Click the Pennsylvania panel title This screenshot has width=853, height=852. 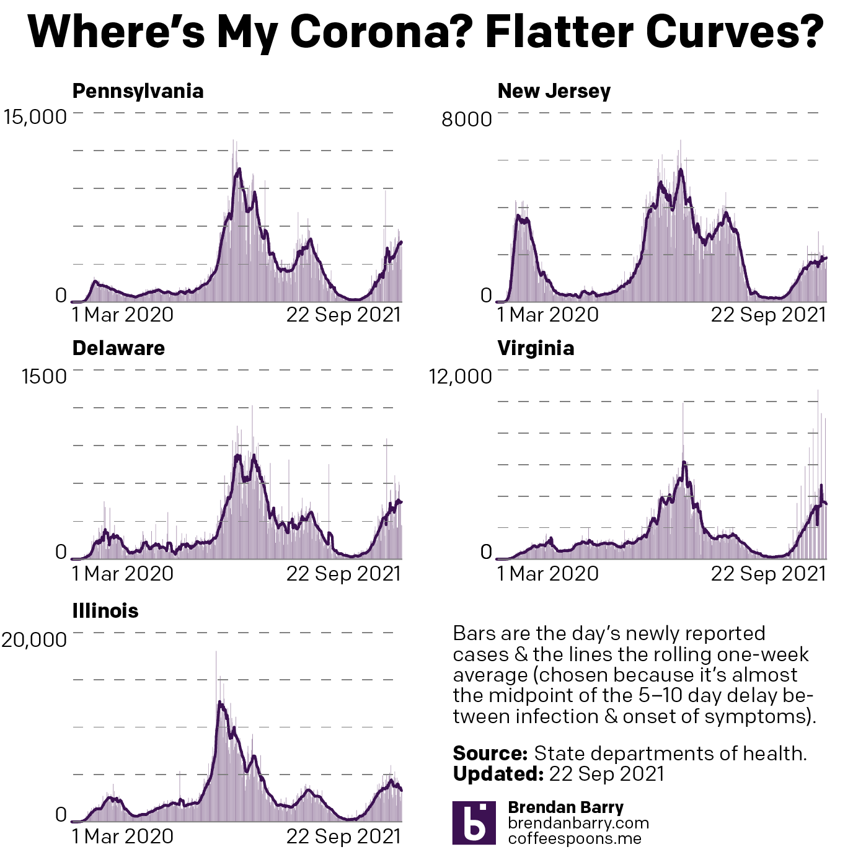(138, 91)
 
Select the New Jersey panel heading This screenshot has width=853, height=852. (554, 91)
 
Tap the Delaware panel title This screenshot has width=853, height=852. (118, 348)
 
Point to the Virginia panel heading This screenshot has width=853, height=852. (536, 348)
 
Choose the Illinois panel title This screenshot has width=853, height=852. (105, 611)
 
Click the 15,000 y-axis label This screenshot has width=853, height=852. (35, 117)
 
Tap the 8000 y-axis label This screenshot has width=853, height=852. (466, 119)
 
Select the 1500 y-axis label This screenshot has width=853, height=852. (44, 377)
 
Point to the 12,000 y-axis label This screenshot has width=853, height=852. (460, 377)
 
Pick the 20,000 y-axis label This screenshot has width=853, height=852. (34, 640)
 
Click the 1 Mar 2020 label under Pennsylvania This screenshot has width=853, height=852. (123, 315)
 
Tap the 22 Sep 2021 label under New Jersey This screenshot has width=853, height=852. (768, 315)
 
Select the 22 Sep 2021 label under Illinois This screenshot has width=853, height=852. (343, 837)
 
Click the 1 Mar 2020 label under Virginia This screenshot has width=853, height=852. (548, 574)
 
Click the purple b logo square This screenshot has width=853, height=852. (474, 823)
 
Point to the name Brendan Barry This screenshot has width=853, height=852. (565, 807)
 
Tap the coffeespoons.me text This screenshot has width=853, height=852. (575, 838)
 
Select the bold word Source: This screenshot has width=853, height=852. (490, 753)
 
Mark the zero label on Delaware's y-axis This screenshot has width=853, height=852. (61, 551)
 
